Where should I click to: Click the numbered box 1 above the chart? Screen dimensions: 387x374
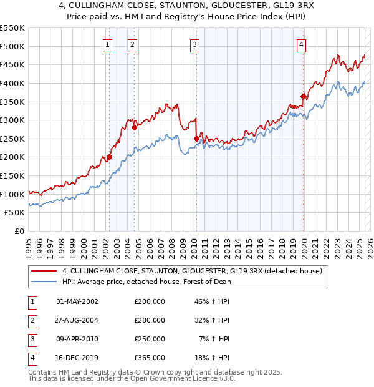[108, 44]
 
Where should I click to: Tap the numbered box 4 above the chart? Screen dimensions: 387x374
[301, 44]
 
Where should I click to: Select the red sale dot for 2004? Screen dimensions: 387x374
[134, 127]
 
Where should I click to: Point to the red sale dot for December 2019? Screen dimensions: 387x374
[303, 96]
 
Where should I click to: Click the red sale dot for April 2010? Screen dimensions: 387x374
[196, 139]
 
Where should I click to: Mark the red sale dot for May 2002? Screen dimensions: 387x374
[109, 157]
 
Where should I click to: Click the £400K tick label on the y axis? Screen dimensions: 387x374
[12, 83]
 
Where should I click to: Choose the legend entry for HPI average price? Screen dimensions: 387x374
[146, 282]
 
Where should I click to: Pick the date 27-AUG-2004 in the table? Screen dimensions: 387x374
[77, 320]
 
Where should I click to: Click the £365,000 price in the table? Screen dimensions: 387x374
[150, 358]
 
